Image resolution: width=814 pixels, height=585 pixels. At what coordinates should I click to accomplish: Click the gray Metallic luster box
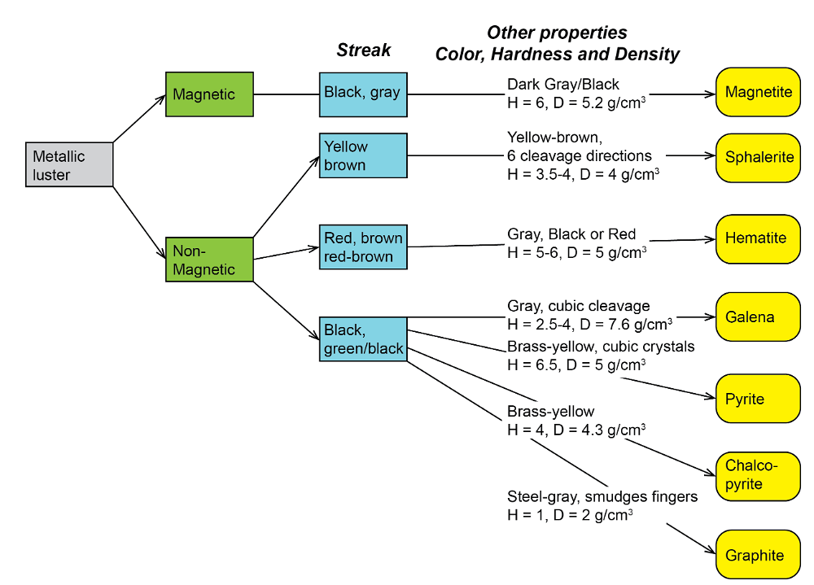(x=68, y=164)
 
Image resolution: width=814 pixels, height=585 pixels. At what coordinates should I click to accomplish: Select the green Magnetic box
(x=209, y=94)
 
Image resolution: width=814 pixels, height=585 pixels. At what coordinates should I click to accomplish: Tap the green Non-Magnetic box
(x=209, y=260)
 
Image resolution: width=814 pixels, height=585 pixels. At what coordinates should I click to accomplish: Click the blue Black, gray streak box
(x=362, y=93)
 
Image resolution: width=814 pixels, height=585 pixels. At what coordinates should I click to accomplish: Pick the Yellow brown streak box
(x=362, y=155)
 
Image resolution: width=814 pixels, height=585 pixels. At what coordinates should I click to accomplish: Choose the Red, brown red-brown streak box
(x=362, y=247)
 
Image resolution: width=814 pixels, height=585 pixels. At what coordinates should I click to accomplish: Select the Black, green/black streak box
(x=362, y=338)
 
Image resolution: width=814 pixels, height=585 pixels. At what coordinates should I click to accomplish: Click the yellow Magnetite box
(x=758, y=93)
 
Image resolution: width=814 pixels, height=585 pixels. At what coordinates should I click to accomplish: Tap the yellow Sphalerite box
(x=758, y=157)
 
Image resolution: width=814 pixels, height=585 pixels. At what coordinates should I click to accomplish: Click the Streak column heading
(x=363, y=50)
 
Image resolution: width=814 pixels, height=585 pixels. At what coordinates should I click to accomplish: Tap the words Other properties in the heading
(x=557, y=33)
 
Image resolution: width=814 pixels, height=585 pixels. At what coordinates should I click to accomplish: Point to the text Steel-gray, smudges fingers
(x=602, y=496)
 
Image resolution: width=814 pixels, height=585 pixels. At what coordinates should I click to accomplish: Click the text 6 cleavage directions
(x=580, y=155)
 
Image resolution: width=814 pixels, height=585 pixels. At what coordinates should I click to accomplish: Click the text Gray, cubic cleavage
(x=578, y=306)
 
